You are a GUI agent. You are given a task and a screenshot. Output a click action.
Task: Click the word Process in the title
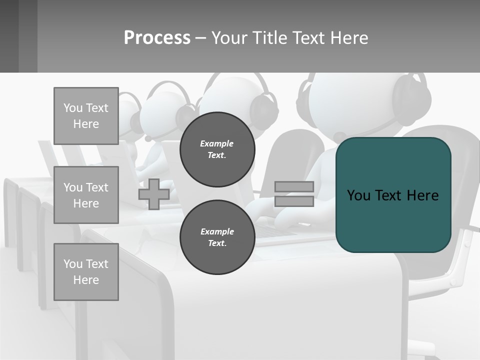[x=157, y=37]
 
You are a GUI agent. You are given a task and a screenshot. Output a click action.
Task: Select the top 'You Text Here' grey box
[x=86, y=116]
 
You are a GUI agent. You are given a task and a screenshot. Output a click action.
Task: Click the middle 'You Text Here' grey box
[x=86, y=195]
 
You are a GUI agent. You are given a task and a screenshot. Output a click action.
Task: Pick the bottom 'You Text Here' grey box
[x=86, y=272]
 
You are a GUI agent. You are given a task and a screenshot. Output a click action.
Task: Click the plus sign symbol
[x=154, y=194]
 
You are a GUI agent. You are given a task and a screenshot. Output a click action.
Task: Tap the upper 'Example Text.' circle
[x=217, y=149]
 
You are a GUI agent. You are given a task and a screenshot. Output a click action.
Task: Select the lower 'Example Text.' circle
[x=217, y=237]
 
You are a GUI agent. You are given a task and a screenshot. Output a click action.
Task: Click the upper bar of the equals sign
[x=294, y=187]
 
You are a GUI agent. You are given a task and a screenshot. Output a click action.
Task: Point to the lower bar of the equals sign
[x=294, y=201]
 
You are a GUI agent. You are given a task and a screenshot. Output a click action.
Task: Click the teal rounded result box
[x=393, y=220]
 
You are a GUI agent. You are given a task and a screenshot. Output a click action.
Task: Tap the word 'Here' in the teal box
[x=422, y=195]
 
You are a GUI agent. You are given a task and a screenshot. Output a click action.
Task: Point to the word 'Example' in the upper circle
[x=217, y=143]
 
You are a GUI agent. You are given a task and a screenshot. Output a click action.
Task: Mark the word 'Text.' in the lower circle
[x=217, y=243]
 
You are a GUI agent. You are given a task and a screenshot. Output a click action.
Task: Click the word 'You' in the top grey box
[x=72, y=108]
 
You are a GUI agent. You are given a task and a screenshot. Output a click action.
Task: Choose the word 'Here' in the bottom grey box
[x=86, y=280]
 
